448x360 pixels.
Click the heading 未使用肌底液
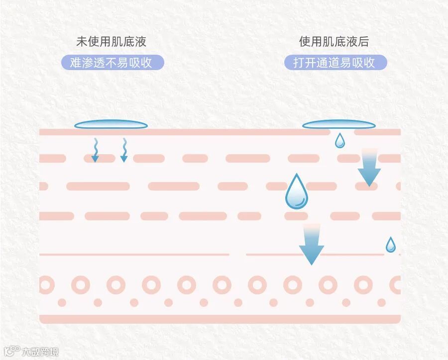111,42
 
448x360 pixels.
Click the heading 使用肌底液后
334,42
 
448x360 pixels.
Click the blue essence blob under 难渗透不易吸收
111,125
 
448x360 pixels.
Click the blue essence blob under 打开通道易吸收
338,125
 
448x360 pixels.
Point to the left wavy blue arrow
95,150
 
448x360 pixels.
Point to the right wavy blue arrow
124,150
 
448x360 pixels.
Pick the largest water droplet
296,192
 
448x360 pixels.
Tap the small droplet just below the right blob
339,141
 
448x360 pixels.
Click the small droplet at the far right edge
391,245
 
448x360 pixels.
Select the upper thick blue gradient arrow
369,167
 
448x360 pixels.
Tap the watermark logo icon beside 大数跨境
12,351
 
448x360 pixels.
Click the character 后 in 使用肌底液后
363,42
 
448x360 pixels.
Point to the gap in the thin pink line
237,255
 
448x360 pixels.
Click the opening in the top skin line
342,132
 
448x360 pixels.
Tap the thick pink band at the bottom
220,319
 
